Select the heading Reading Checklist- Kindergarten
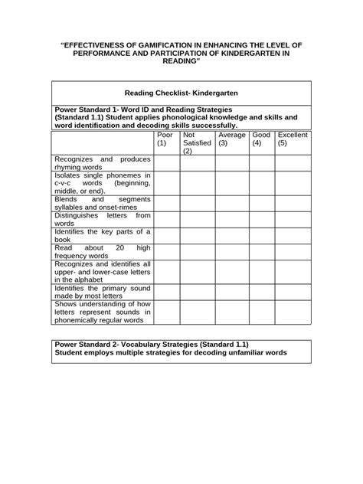[181, 90]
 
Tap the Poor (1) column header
[165, 139]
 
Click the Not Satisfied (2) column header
[196, 142]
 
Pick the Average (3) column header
[231, 139]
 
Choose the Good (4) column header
[261, 139]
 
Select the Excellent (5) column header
[293, 139]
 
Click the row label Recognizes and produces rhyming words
[102, 163]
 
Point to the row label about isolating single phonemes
[102, 184]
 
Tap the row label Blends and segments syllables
[102, 203]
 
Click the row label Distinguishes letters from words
[102, 220]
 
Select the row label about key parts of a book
[102, 236]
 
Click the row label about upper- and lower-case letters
[102, 272]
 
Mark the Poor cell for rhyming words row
[165, 163]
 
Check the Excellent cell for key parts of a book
[293, 236]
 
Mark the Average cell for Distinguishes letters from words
[232, 220]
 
